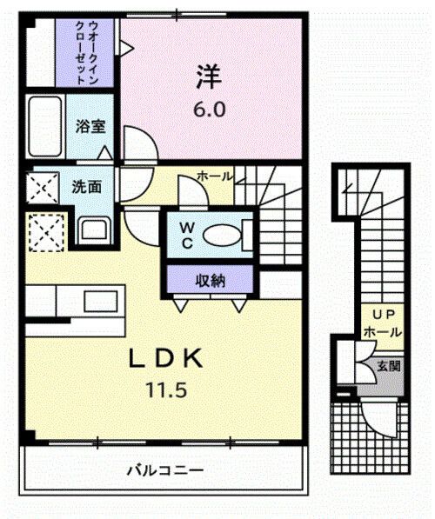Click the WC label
187,235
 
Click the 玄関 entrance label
388,366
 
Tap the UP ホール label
382,324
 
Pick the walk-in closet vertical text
87,52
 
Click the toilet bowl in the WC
224,235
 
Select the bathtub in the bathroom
43,127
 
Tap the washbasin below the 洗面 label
90,230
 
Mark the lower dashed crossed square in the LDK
43,231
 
